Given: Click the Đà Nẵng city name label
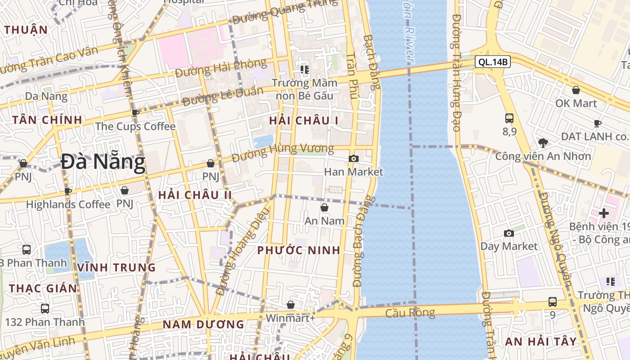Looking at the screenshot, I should (103, 162).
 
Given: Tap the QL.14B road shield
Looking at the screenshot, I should (493, 62).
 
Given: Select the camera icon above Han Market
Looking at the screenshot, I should (354, 158).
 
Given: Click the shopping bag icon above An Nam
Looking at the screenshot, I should (324, 207).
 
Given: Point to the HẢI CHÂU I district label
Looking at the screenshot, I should (304, 121).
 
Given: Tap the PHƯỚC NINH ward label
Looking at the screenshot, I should (299, 251).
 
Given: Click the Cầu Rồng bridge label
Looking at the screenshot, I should (410, 313).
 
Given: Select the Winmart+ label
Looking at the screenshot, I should (291, 318).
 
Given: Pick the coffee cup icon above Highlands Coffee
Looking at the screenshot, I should (68, 191).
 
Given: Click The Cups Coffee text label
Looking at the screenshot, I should (135, 126).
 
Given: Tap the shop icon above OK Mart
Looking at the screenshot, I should (576, 90).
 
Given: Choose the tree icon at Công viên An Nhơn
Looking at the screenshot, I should (543, 144).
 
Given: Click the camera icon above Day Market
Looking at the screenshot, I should (509, 233).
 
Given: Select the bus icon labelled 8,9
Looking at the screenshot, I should (509, 118).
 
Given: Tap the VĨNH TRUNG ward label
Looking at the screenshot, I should (116, 268).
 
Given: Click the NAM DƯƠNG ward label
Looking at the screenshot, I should (203, 324).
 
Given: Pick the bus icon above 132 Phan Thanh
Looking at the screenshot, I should (45, 309).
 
